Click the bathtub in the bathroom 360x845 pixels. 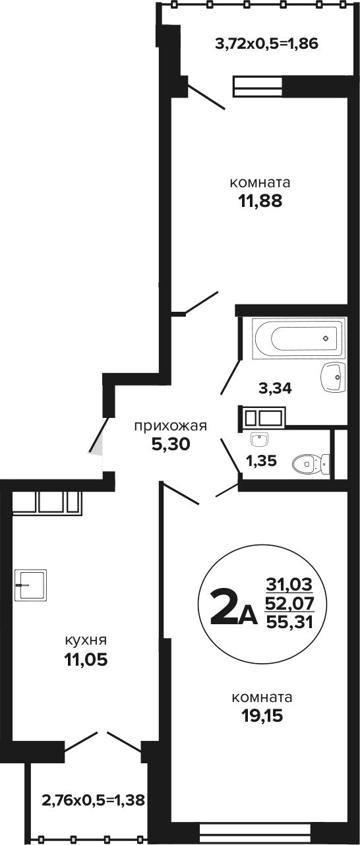click(x=299, y=338)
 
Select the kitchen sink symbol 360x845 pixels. click(x=30, y=585)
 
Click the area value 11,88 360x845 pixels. click(x=260, y=202)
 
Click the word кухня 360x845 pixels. click(x=86, y=640)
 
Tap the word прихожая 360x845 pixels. click(x=171, y=426)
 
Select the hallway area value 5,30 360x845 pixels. click(x=171, y=444)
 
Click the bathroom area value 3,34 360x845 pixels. click(x=275, y=388)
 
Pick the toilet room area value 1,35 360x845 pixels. click(x=261, y=460)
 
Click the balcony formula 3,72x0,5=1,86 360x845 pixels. click(x=266, y=44)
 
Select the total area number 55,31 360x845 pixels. click(x=290, y=622)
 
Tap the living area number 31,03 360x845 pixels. click(x=289, y=585)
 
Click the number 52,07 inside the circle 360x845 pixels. click(x=290, y=604)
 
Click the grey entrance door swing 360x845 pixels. click(x=97, y=442)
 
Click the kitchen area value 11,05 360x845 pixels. click(x=86, y=659)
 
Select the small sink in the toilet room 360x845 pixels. click(x=260, y=440)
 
